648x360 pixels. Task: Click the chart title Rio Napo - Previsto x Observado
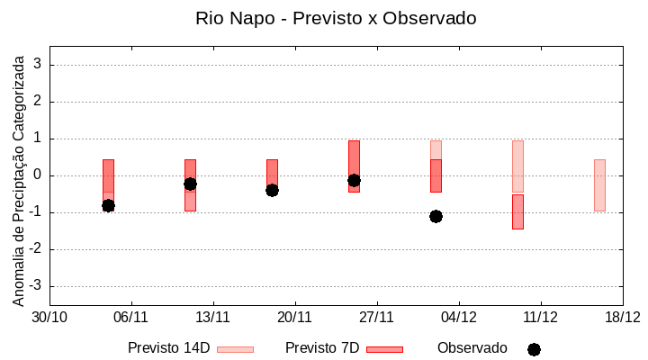coord(336,18)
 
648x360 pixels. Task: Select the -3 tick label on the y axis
coord(36,286)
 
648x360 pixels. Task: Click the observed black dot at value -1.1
coord(436,216)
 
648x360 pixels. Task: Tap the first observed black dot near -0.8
coord(108,205)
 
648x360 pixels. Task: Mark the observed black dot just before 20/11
coord(272,190)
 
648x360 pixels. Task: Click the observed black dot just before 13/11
coord(190,184)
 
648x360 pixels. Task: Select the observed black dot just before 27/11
coord(354,180)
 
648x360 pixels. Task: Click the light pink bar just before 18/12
coord(599,184)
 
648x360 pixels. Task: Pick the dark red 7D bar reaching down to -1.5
coord(517,211)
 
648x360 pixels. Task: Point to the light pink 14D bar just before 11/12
coord(517,166)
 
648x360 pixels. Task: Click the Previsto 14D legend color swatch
coord(235,349)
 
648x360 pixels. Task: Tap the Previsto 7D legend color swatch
coord(384,349)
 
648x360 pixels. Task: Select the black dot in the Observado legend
coord(534,349)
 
